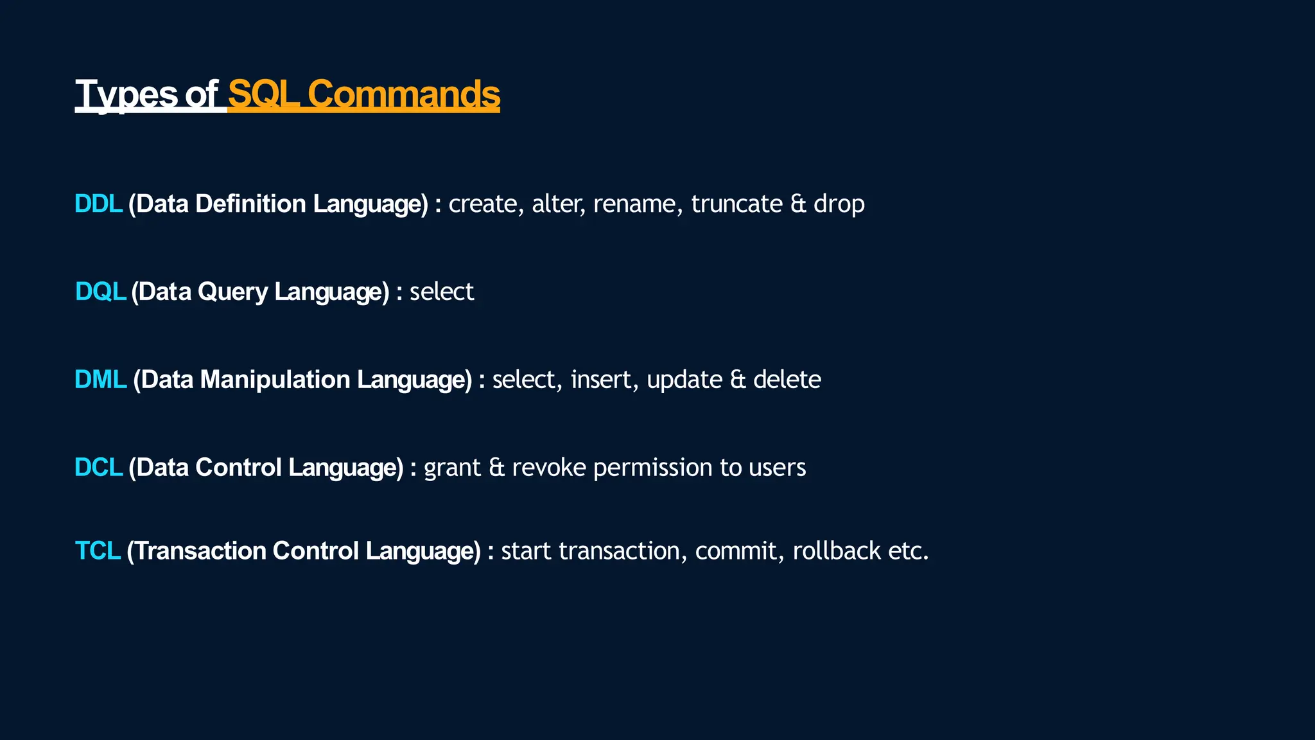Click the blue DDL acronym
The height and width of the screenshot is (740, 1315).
coord(98,204)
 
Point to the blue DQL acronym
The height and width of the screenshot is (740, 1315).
coord(100,292)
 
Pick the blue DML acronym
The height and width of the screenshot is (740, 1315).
coord(100,380)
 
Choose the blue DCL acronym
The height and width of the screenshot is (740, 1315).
coord(98,468)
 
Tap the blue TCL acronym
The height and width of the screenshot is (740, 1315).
coord(98,551)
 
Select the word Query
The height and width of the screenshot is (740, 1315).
coord(232,292)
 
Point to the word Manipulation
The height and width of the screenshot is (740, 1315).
coord(275,380)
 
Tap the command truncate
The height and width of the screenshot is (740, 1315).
coord(736,204)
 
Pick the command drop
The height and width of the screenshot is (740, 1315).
coord(839,204)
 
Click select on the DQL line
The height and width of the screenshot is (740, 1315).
coord(442,292)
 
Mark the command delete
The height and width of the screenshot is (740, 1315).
coord(787,380)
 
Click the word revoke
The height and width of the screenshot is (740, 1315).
coord(548,468)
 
